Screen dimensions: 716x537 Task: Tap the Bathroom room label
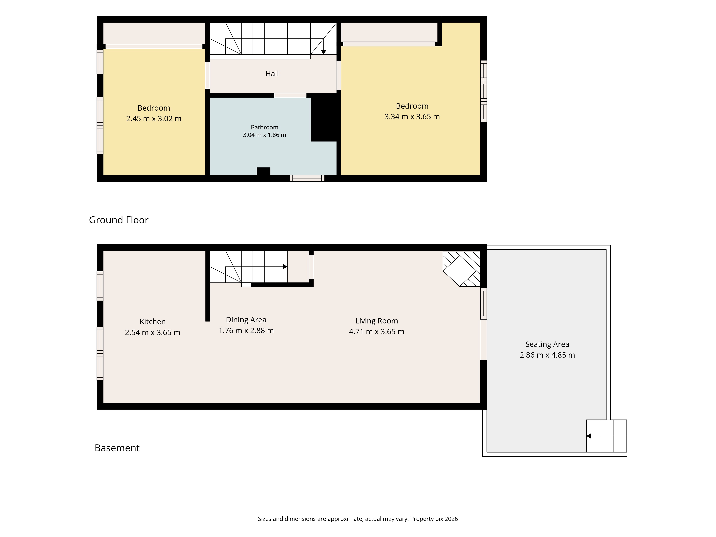[x=264, y=127]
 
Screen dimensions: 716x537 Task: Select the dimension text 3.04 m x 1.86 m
[x=264, y=135]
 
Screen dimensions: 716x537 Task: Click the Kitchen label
[x=153, y=322]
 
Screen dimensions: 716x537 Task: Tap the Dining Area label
[x=246, y=320]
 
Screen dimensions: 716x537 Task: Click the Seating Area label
[x=547, y=344]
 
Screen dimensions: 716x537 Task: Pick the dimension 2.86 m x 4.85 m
[x=547, y=355]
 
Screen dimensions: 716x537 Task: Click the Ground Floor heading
[x=118, y=220]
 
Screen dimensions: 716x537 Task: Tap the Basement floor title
[x=117, y=448]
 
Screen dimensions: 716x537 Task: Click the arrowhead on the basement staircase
[x=285, y=267]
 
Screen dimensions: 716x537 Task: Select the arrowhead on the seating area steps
[x=589, y=436]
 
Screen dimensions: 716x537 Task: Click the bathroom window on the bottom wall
[x=307, y=178]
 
